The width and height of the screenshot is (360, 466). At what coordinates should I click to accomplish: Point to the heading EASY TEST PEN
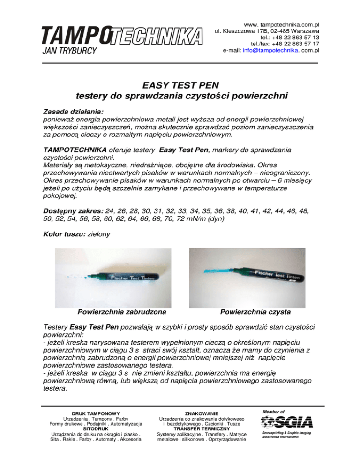[x=180, y=85]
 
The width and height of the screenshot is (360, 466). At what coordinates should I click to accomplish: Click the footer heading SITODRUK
[x=95, y=428]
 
